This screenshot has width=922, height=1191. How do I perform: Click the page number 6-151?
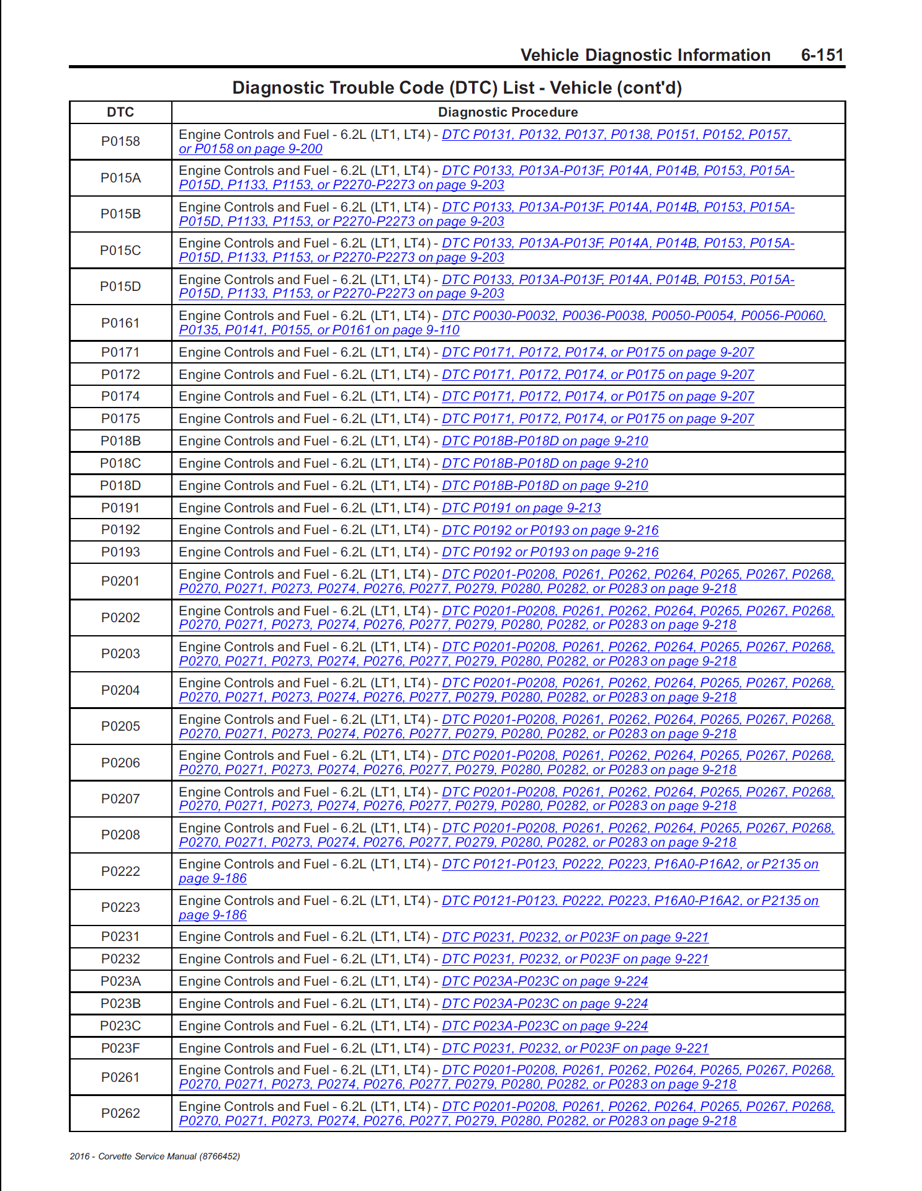tap(822, 55)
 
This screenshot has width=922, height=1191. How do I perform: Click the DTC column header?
tap(120, 112)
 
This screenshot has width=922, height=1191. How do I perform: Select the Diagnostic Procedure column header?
tap(508, 112)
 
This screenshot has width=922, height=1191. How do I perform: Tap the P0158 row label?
tap(120, 141)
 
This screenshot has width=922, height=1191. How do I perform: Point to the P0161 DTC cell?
tap(120, 323)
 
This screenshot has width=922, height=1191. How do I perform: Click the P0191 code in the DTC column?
tap(120, 508)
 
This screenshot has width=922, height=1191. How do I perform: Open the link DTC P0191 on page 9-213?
tap(521, 508)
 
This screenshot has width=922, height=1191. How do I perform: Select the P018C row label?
tap(120, 463)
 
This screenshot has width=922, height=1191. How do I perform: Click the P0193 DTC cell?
tap(120, 552)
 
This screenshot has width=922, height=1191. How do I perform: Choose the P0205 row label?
tap(120, 726)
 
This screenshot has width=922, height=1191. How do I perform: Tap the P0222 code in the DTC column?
tap(120, 872)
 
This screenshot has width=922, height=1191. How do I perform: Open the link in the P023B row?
tap(545, 1004)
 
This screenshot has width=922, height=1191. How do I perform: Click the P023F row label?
tap(120, 1048)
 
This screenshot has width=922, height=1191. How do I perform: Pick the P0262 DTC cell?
tap(120, 1113)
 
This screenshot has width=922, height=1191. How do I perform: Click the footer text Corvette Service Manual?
tap(154, 1156)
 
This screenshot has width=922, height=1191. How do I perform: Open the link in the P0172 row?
tap(598, 375)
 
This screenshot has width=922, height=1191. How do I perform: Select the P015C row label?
tap(120, 251)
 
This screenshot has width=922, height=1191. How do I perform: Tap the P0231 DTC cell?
tap(120, 937)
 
